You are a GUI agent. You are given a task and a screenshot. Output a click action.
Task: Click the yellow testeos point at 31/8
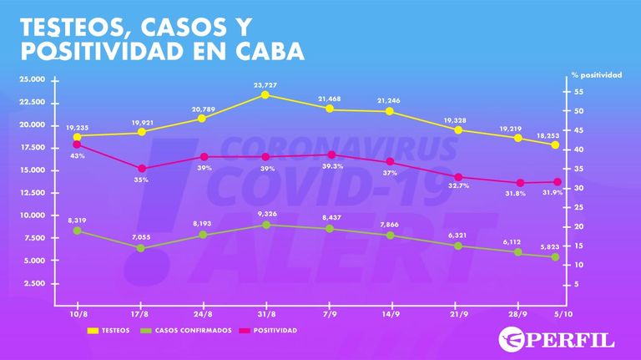coord(265,95)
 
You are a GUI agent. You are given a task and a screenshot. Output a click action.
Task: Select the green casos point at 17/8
coord(140,248)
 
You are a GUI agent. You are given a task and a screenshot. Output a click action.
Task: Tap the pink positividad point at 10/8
coord(77,145)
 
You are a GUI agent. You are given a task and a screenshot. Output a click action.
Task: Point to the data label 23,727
coord(265,85)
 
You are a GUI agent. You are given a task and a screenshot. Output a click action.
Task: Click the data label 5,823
coord(549,246)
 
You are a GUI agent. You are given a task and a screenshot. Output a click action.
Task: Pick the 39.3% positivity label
coord(332,166)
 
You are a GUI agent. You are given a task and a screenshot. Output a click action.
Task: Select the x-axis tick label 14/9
coord(391,314)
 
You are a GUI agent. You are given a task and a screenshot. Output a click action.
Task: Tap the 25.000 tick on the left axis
coord(33,79)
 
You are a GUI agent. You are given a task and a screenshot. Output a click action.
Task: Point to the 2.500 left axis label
coord(35,283)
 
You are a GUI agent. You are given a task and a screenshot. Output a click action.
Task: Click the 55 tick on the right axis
coord(579,92)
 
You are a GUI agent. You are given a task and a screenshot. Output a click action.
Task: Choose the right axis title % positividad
coord(597,75)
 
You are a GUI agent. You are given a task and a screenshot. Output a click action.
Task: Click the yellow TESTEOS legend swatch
coord(93,331)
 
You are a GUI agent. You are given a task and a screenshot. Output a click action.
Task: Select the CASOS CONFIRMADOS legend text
coord(194,331)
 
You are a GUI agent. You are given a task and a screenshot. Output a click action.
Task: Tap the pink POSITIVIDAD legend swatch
coord(245,331)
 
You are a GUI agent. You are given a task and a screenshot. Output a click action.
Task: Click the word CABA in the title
coord(270,51)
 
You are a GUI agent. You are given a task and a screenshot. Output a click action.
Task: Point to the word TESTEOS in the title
coord(73,27)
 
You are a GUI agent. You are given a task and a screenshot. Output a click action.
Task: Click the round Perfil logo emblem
coord(512,340)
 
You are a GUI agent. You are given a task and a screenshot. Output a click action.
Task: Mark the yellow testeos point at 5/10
coord(555,145)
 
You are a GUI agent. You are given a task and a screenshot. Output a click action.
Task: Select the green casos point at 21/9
coord(458,246)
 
